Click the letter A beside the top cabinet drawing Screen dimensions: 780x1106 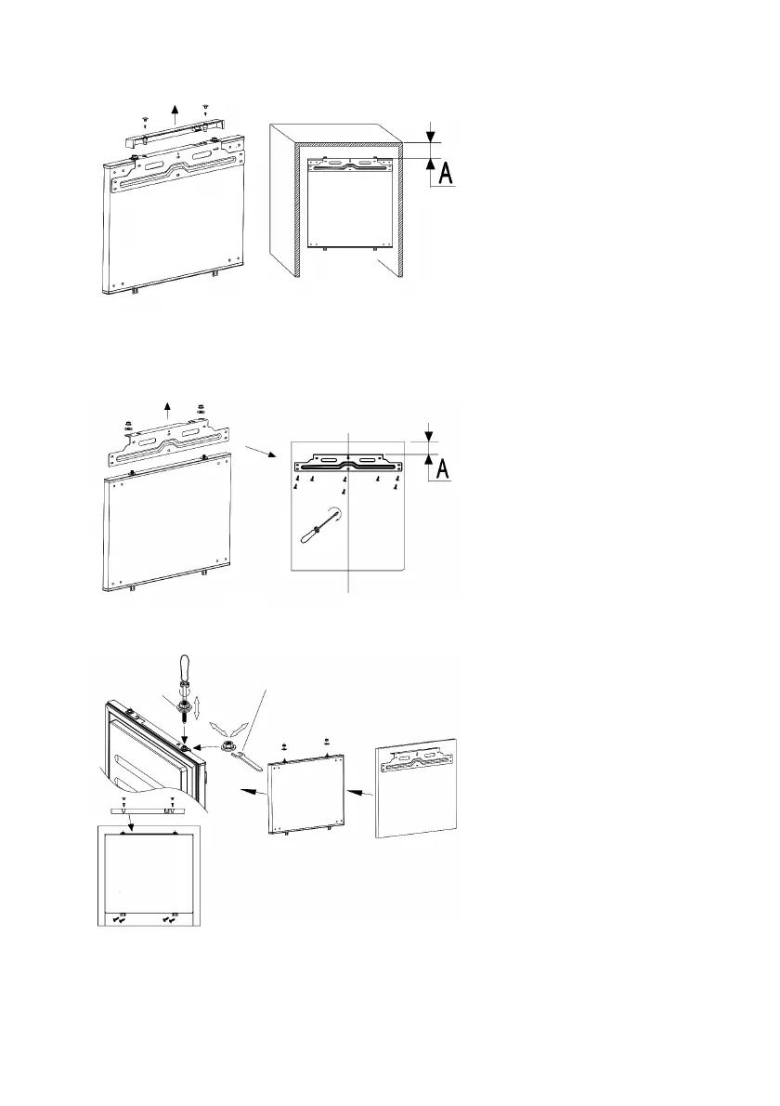click(445, 173)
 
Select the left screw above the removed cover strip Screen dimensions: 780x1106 click(145, 121)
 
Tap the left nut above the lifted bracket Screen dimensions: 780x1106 click(129, 428)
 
